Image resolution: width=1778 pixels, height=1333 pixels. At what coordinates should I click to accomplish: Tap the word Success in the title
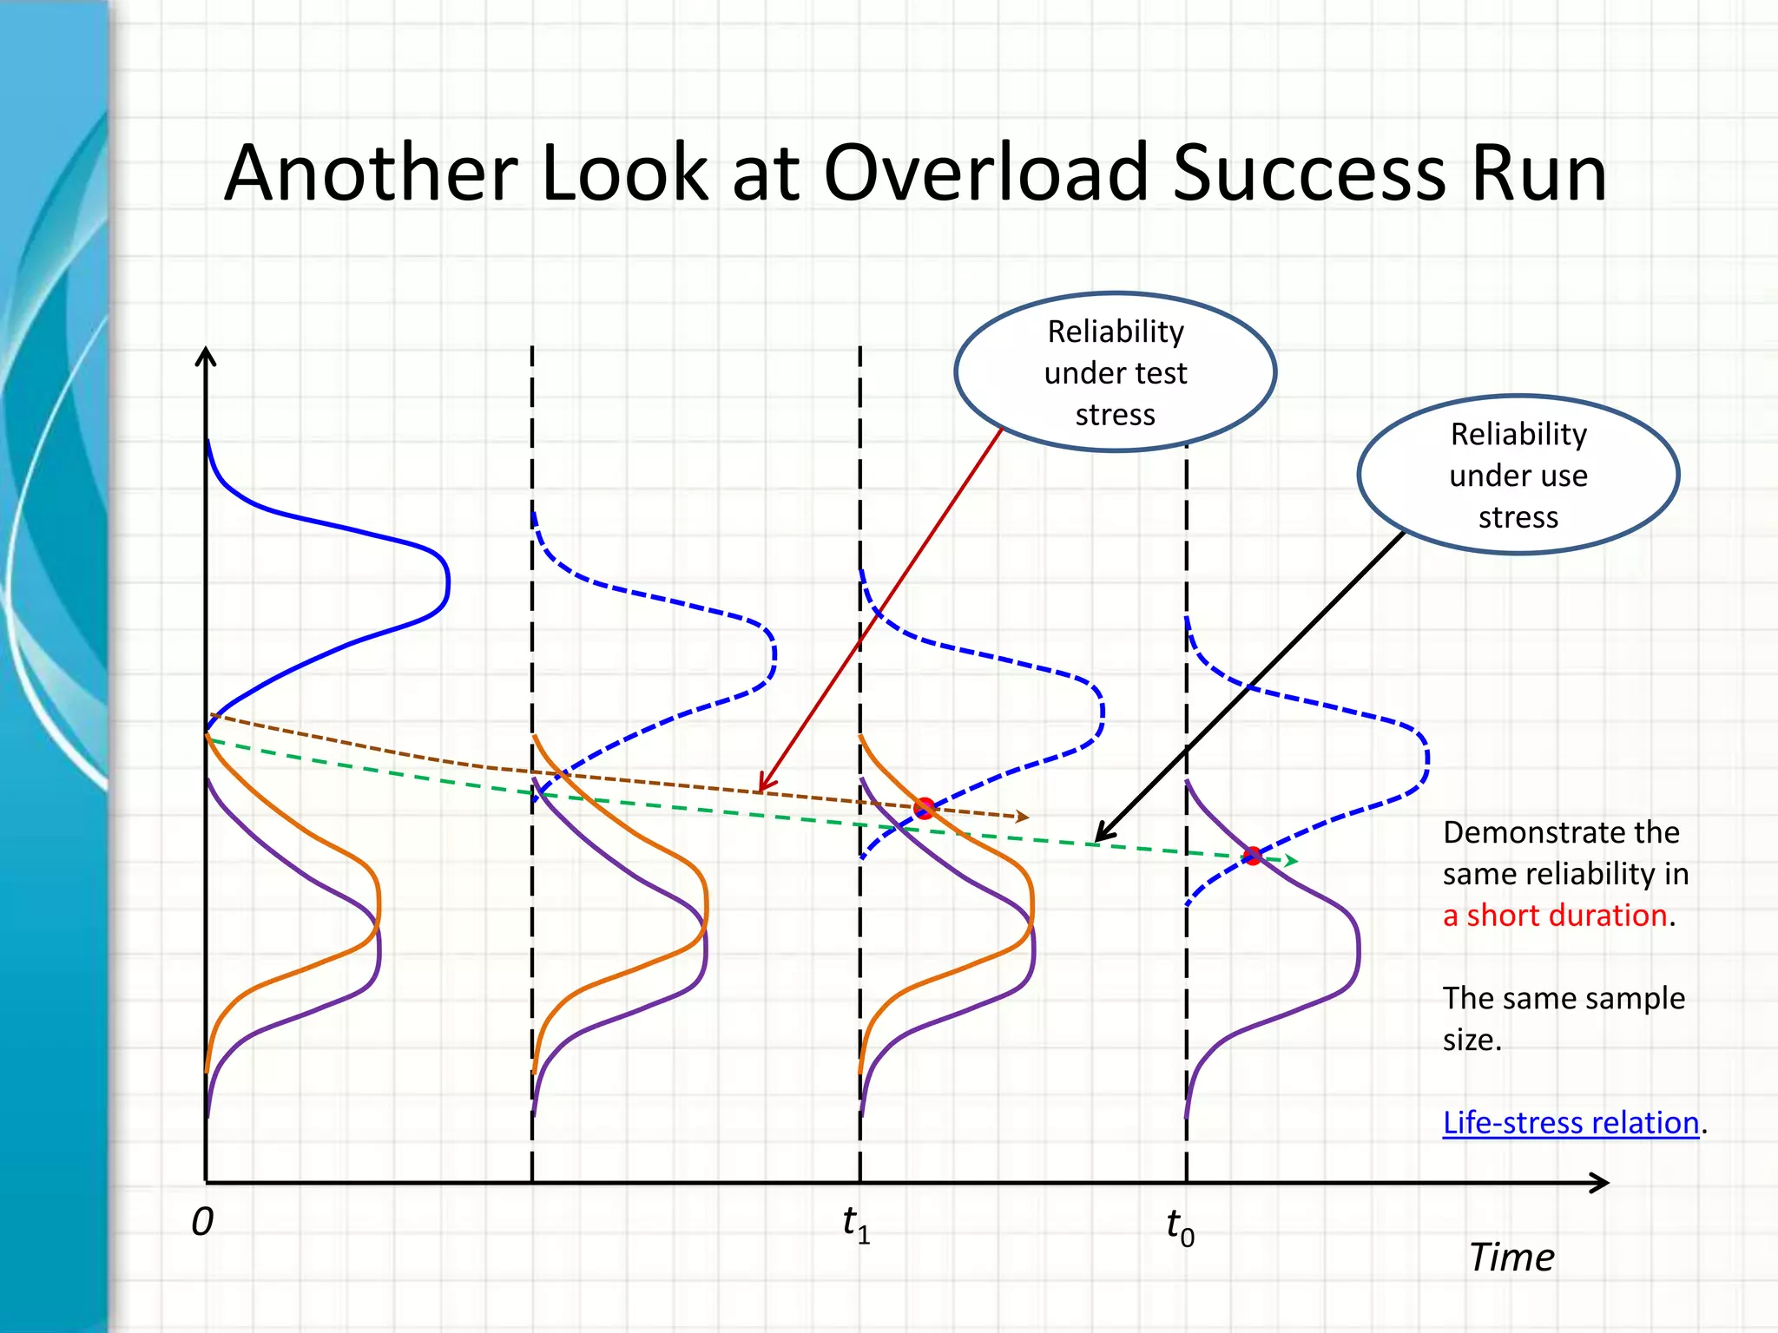[1312, 174]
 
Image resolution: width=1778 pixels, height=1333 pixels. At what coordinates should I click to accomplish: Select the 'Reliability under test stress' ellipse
[1115, 372]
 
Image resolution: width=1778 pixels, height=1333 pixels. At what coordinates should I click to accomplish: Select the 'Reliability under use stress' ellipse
[1518, 475]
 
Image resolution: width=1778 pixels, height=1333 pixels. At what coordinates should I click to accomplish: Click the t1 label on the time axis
[856, 1224]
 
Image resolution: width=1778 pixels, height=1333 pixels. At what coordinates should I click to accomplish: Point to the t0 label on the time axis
[1180, 1227]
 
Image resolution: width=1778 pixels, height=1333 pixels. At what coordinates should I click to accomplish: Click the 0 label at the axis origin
[201, 1222]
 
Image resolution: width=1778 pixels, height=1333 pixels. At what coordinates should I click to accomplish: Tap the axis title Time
[1511, 1257]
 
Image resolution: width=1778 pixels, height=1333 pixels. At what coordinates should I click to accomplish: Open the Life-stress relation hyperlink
[1570, 1122]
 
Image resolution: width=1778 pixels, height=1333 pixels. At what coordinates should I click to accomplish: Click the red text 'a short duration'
[1554, 916]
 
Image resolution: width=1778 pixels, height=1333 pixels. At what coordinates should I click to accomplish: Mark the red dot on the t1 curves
[925, 808]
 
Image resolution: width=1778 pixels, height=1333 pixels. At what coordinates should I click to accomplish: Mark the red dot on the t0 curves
[1252, 856]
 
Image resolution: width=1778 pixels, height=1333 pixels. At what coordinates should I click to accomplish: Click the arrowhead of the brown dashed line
[1024, 817]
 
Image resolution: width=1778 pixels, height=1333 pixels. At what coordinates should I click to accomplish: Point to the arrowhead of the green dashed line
[1293, 861]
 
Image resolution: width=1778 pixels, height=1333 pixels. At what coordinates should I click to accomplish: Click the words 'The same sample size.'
[1563, 1018]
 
